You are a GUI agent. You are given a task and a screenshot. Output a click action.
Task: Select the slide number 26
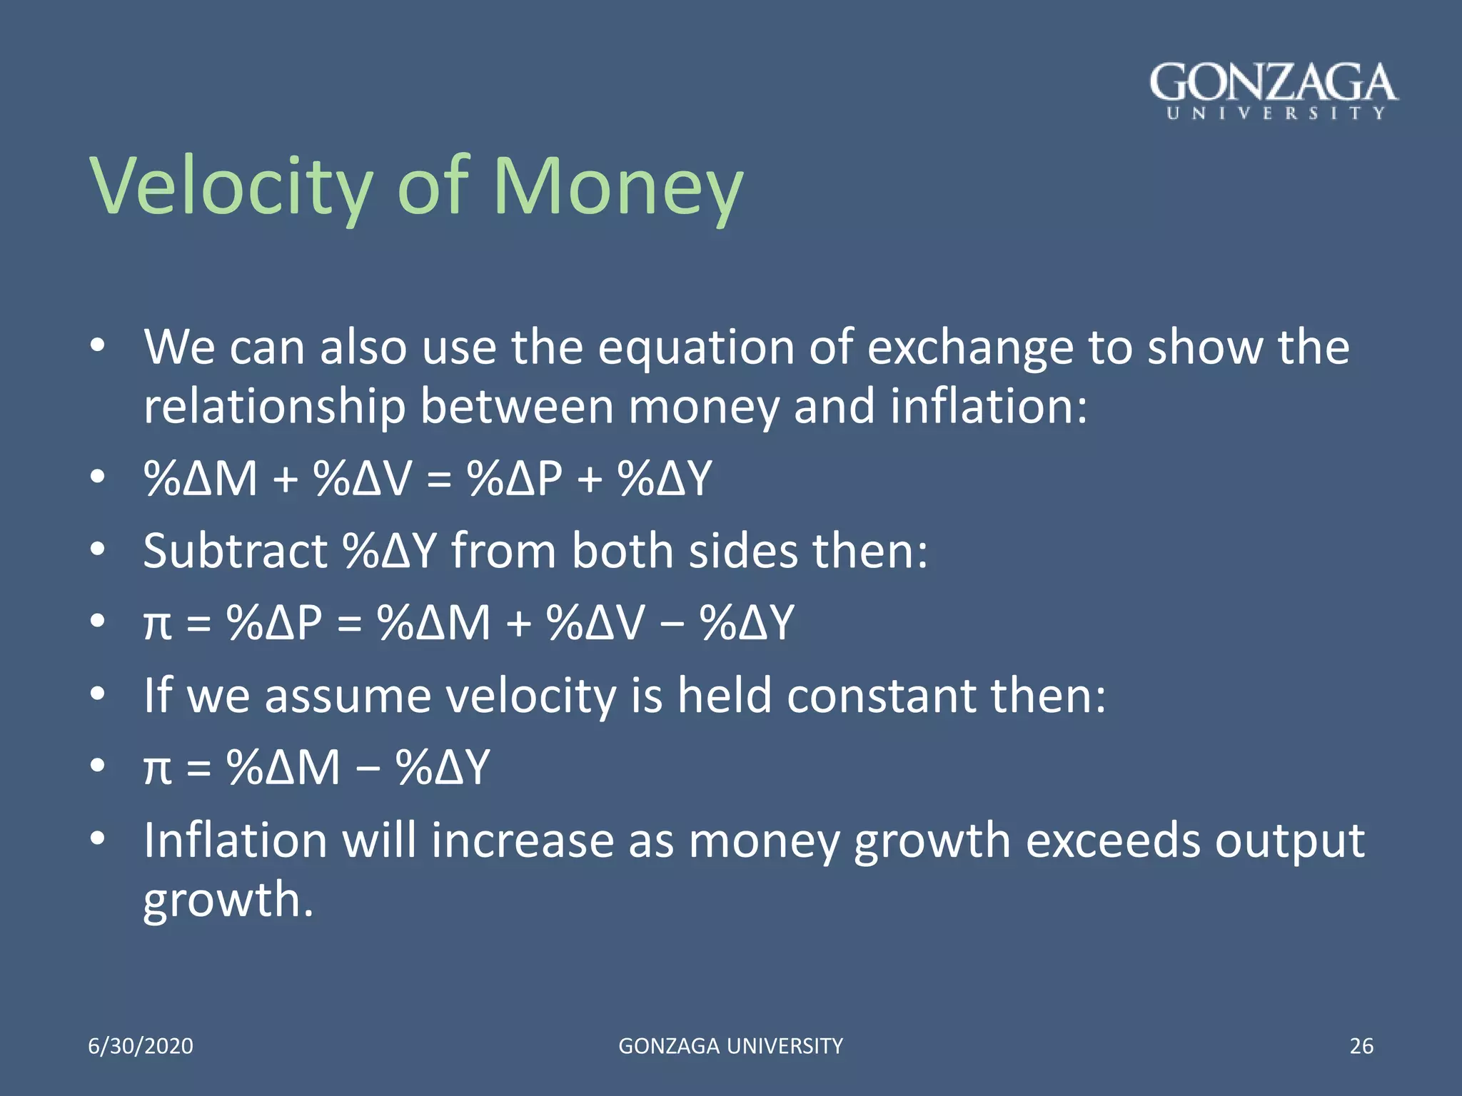(1361, 1046)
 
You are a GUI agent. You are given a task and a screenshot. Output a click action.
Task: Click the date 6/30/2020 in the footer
(141, 1046)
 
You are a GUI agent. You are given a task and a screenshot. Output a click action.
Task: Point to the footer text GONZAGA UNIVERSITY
(730, 1046)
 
